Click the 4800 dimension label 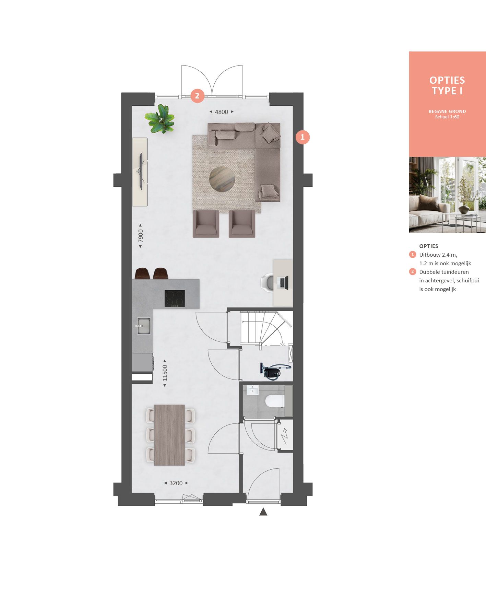tap(221, 112)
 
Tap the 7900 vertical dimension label tap(140, 236)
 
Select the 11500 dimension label tap(165, 373)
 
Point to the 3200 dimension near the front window tap(176, 483)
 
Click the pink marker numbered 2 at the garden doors tap(197, 96)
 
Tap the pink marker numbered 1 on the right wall tap(302, 137)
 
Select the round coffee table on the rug tap(222, 178)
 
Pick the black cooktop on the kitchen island tap(175, 299)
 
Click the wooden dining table tap(169, 435)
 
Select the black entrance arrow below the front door tap(263, 512)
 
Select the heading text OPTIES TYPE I tap(447, 85)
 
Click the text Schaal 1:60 tap(447, 117)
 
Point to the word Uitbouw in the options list tap(429, 255)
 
